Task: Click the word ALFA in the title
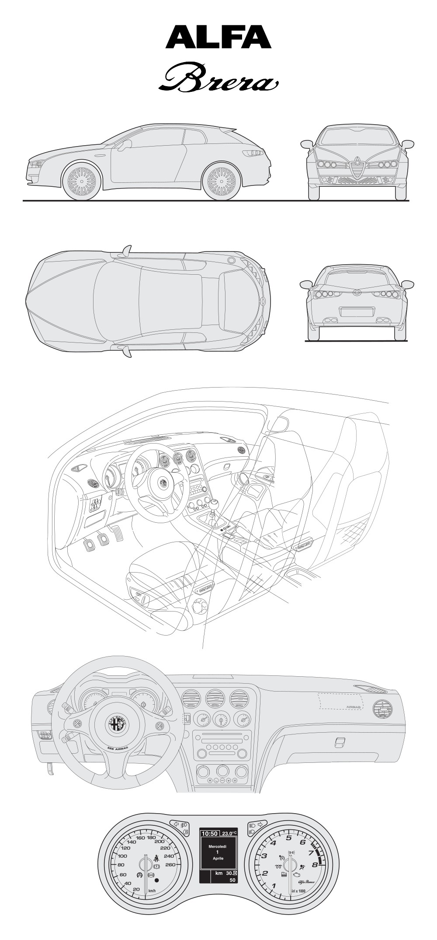pos(218,37)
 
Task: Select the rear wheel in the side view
pos(222,180)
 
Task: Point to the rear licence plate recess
pos(357,311)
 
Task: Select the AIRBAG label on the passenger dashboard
pos(352,706)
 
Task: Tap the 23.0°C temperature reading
pos(229,833)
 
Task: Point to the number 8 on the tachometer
pos(314,865)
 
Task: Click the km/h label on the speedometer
pos(152,891)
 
